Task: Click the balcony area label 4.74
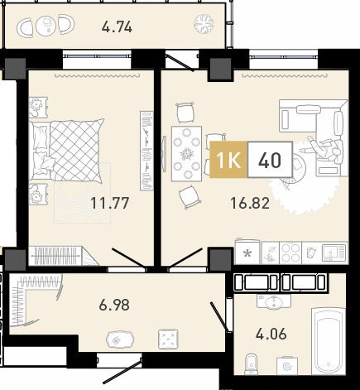[117, 27]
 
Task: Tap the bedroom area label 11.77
[110, 203]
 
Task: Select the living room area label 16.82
[250, 204]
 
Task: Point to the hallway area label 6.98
[114, 306]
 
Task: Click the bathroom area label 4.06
[271, 335]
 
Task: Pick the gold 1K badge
[228, 159]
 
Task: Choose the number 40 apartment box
[270, 159]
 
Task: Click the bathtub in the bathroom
[329, 341]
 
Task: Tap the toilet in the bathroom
[251, 364]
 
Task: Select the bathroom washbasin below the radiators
[274, 301]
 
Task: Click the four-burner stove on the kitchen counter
[290, 253]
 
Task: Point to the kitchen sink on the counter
[334, 253]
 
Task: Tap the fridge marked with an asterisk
[247, 252]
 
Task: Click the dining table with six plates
[187, 153]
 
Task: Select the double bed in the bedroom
[67, 152]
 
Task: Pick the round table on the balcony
[46, 26]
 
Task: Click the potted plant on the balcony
[204, 24]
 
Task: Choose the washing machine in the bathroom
[287, 366]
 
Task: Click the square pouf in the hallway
[168, 339]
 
